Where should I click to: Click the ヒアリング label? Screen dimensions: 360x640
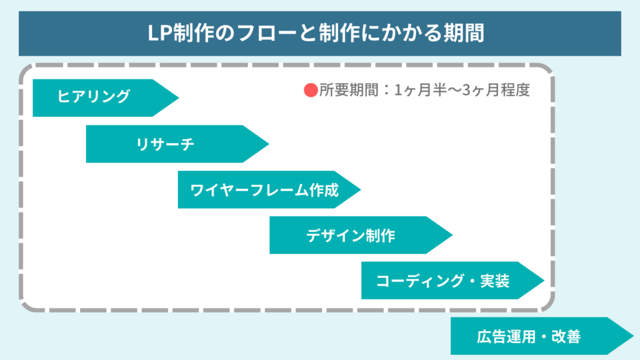click(x=94, y=97)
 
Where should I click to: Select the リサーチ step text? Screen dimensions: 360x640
click(x=165, y=144)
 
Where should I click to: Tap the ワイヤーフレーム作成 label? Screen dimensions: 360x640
click(x=264, y=190)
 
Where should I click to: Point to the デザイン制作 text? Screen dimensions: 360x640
click(x=351, y=236)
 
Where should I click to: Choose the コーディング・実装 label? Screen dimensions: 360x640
click(x=442, y=281)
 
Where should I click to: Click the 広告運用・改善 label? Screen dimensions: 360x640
click(x=529, y=337)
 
